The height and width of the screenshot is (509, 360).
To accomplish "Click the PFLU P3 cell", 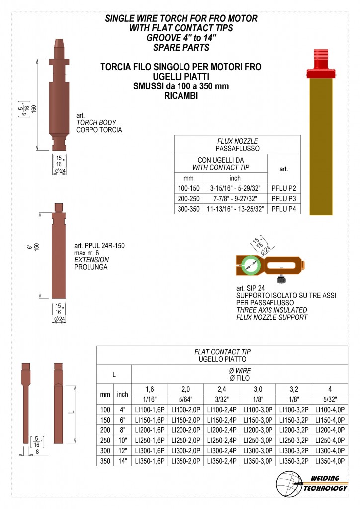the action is pyautogui.click(x=284, y=199).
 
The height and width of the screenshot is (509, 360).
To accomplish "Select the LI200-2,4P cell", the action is pyautogui.click(x=222, y=430).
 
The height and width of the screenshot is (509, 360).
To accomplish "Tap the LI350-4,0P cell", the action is pyautogui.click(x=330, y=461).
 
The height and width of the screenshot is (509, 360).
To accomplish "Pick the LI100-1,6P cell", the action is pyautogui.click(x=150, y=410).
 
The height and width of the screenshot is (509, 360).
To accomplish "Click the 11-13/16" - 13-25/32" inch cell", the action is pyautogui.click(x=235, y=209).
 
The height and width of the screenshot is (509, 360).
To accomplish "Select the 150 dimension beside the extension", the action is pyautogui.click(x=36, y=247).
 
